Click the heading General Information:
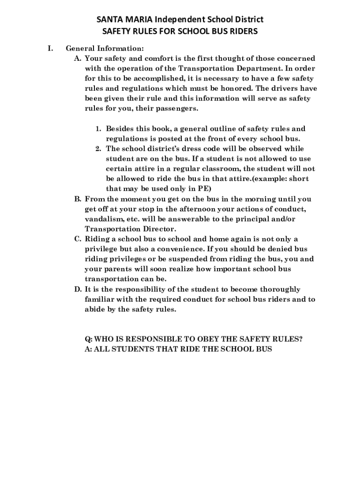tap(104, 48)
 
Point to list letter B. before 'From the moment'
tap(78, 199)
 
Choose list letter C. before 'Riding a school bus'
tap(78, 239)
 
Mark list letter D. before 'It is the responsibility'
tap(78, 290)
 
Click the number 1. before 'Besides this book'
tap(99, 129)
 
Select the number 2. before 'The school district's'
tap(99, 149)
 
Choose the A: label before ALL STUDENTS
tap(88, 349)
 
